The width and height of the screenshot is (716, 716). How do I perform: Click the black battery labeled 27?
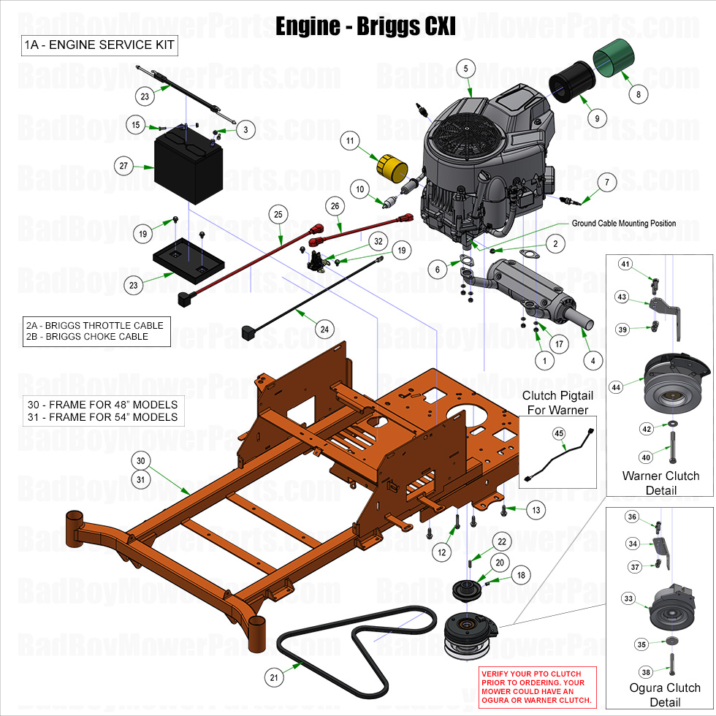[188, 165]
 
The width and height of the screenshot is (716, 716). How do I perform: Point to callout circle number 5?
[465, 68]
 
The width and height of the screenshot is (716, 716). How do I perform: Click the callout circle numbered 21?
[274, 677]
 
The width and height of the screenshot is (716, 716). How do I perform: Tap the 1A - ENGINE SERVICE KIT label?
[99, 45]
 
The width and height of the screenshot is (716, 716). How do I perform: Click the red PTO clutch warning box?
[538, 687]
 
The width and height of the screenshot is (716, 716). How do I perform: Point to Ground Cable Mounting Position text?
[623, 224]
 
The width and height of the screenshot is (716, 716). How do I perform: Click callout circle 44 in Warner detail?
[616, 387]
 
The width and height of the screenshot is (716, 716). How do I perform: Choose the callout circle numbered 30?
[141, 461]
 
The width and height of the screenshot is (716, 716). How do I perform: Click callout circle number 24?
[324, 329]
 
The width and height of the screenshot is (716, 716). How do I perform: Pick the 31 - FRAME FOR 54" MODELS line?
[102, 417]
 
